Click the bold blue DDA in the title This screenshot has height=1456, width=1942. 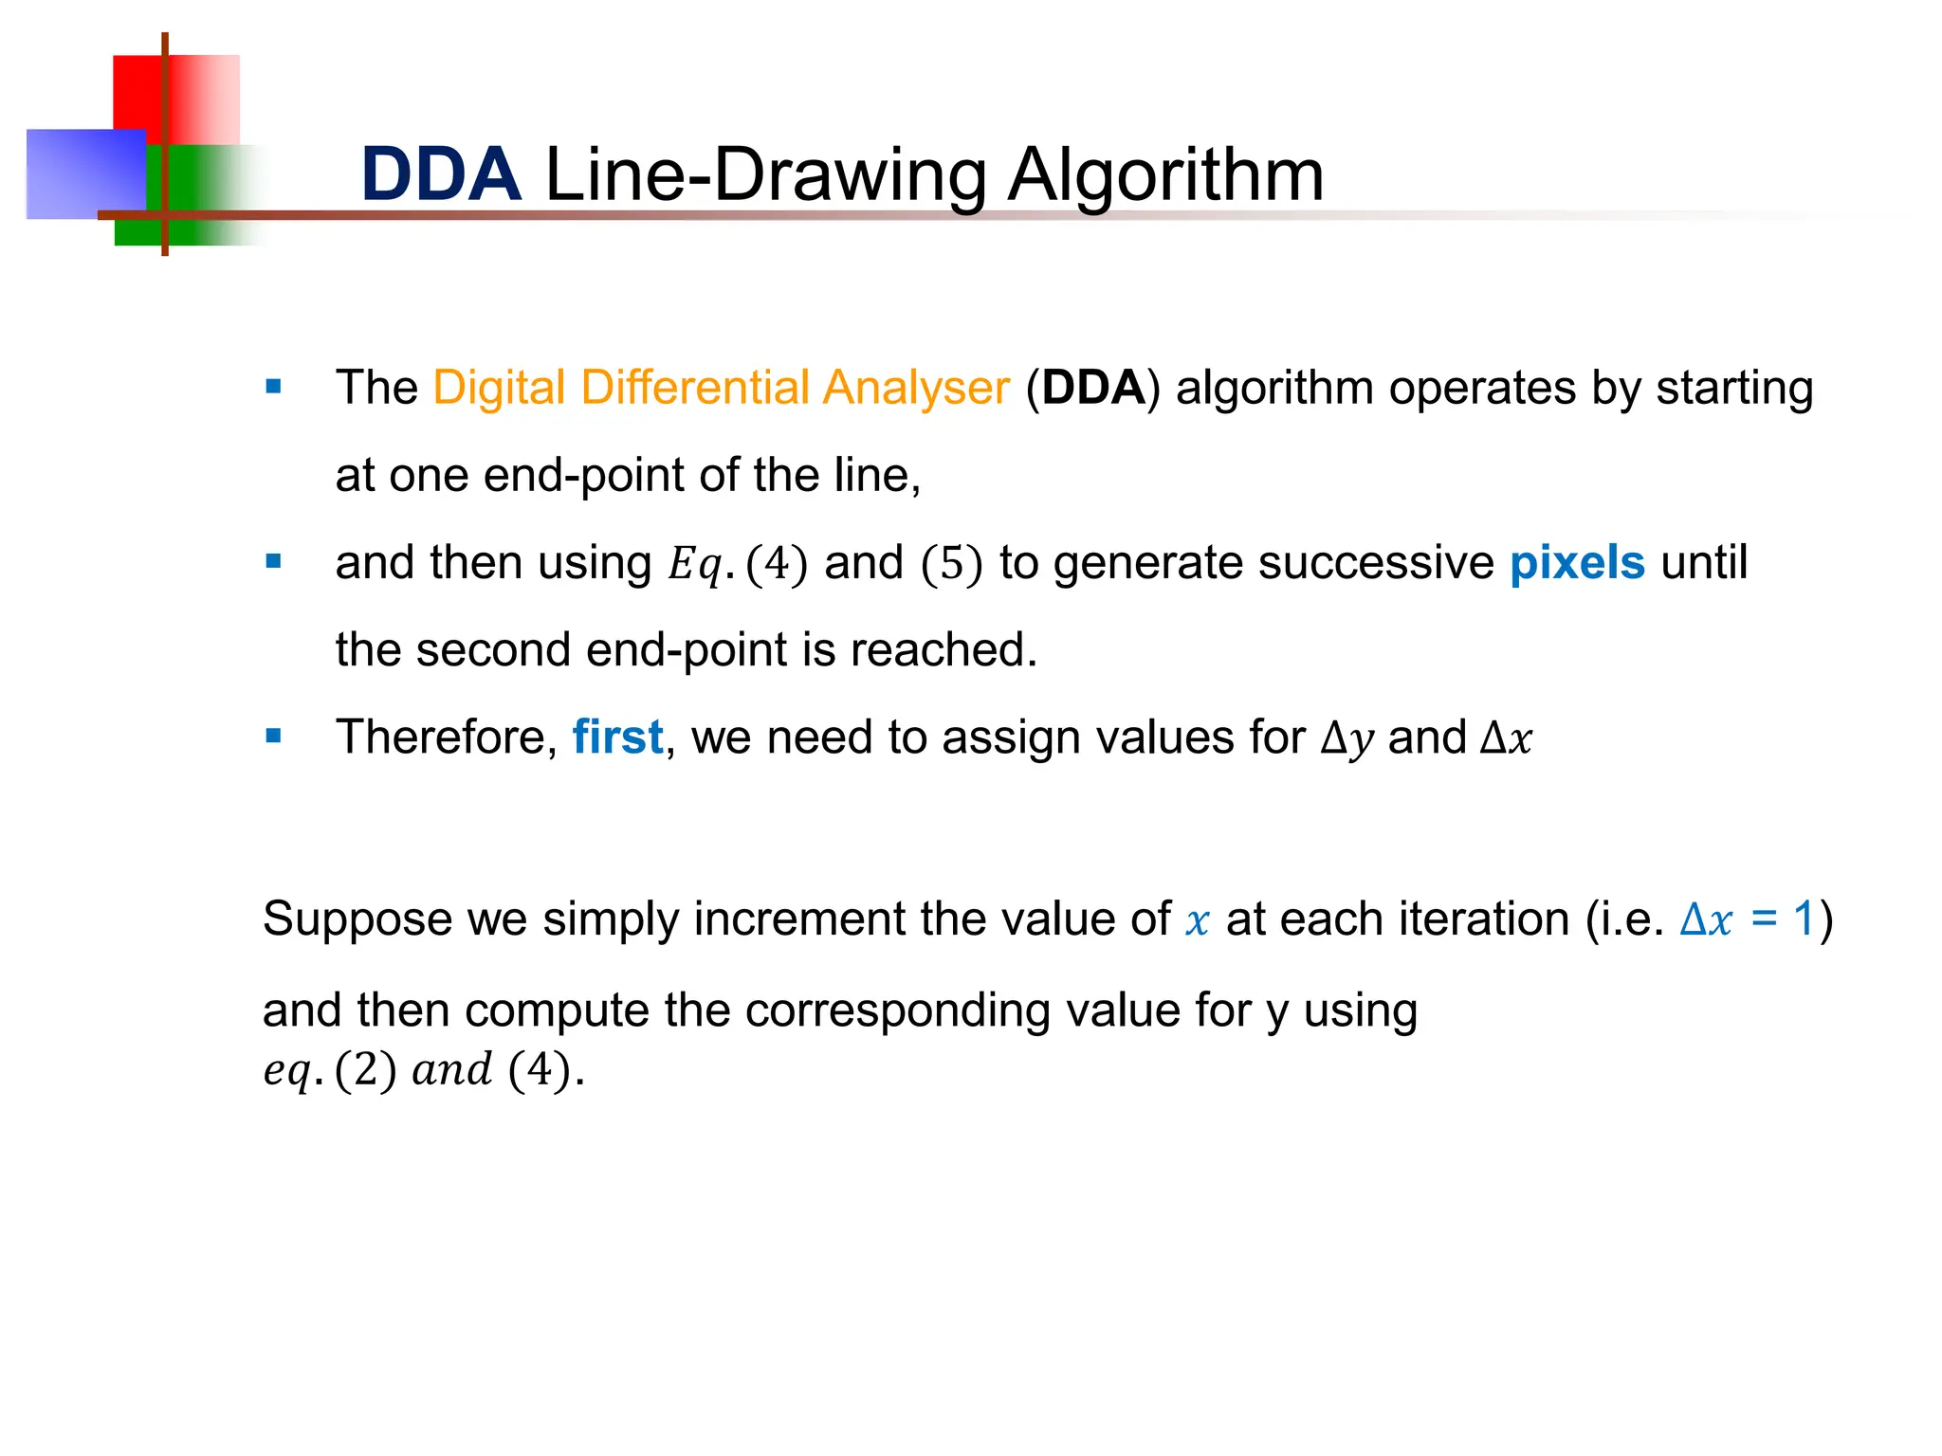pos(441,175)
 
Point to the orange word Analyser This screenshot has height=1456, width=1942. pos(916,388)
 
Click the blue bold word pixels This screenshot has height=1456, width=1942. pos(1577,563)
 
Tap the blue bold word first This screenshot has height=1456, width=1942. pos(617,737)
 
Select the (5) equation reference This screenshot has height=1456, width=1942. pos(951,564)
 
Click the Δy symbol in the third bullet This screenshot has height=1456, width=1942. pos(1347,738)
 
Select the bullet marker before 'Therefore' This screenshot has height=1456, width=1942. pos(274,736)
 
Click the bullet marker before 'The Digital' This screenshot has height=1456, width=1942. pos(274,387)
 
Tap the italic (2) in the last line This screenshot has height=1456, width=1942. pos(365,1070)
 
